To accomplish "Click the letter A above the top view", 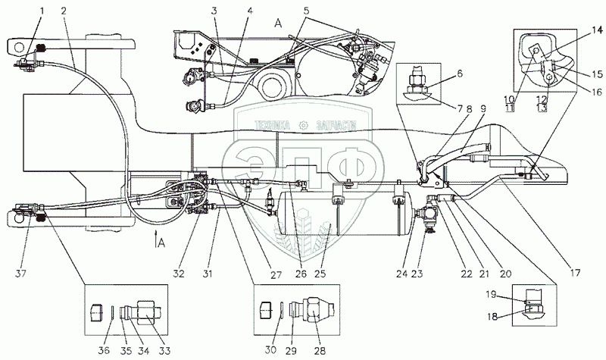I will pos(278,23).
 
